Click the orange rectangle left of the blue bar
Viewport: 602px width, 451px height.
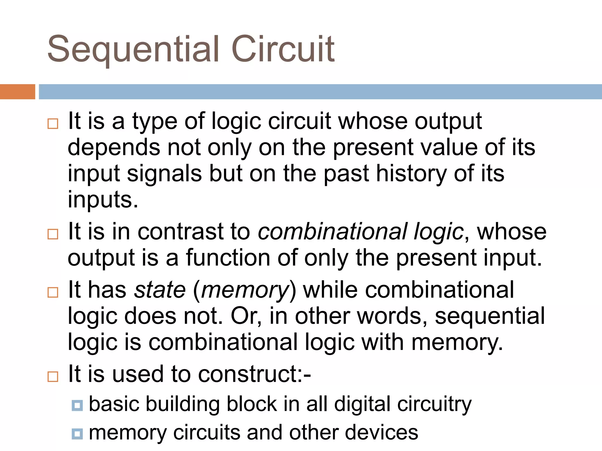(x=17, y=92)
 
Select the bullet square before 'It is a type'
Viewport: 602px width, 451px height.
(x=53, y=124)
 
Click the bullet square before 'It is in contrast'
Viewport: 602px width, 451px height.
(x=53, y=234)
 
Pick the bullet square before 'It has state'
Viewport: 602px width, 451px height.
(x=53, y=292)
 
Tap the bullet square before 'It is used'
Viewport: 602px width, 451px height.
(x=53, y=376)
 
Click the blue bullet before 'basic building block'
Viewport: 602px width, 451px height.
(x=77, y=405)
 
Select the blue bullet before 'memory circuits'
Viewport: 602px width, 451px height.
(x=77, y=434)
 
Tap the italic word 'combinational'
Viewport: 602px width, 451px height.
(x=332, y=232)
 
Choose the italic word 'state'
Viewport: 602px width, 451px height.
(x=160, y=290)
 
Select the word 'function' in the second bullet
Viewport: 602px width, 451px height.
(x=228, y=258)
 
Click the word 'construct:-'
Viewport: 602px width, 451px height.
(x=254, y=374)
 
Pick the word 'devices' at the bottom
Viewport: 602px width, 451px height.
(x=381, y=433)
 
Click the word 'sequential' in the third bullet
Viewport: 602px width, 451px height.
(x=489, y=317)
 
